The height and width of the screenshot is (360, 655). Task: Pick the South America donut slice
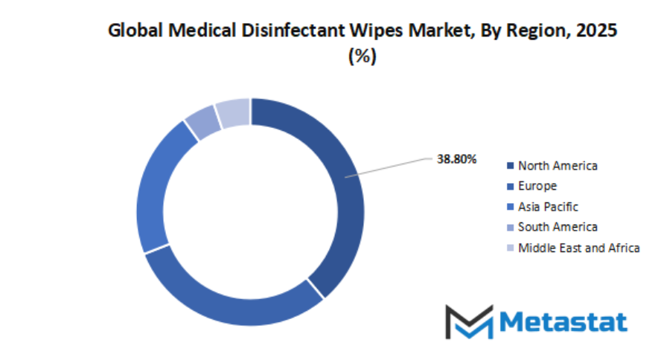click(x=202, y=123)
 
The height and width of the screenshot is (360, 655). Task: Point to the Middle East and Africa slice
click(x=233, y=112)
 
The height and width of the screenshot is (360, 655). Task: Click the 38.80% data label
click(x=457, y=159)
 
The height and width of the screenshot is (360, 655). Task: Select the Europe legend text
click(x=537, y=186)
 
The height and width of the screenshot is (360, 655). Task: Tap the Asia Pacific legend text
click(x=548, y=207)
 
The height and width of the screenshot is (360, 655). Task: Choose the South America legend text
click(x=557, y=227)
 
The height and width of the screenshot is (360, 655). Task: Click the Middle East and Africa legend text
click(x=578, y=248)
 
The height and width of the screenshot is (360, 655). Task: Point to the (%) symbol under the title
click(x=362, y=57)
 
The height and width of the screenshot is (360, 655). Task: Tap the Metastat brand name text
click(x=563, y=321)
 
